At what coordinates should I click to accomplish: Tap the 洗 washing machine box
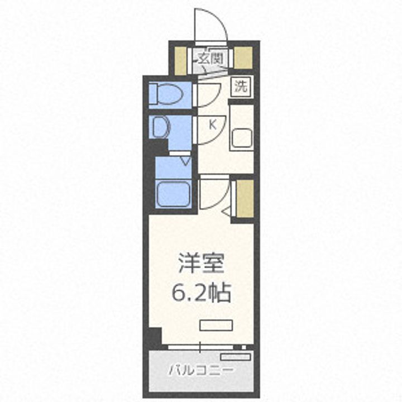tap(241, 87)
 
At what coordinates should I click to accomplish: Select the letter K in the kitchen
tap(213, 125)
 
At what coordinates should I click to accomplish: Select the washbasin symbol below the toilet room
tap(160, 127)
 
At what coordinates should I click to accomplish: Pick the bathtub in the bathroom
tap(173, 193)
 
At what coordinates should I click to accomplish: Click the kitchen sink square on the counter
tap(242, 137)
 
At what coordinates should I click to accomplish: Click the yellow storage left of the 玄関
tap(180, 58)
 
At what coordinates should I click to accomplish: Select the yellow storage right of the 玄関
tap(243, 58)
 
